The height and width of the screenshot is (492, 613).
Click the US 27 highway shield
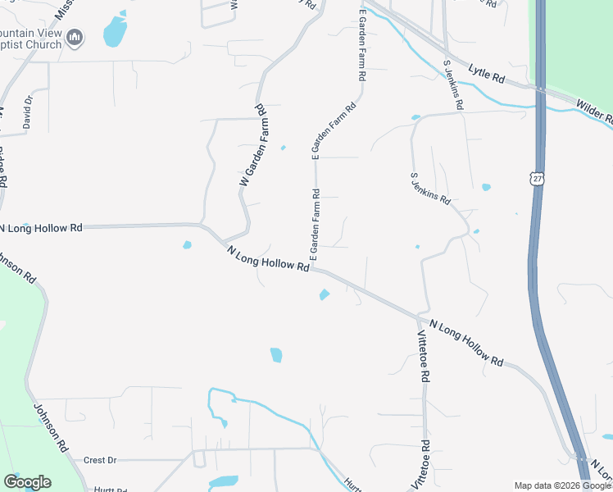[x=537, y=178]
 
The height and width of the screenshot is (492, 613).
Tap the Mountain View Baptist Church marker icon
[x=75, y=37]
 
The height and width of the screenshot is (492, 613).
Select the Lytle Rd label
[x=487, y=75]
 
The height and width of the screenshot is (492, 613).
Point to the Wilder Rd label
[x=594, y=111]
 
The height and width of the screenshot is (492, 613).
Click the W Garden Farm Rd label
[x=254, y=145]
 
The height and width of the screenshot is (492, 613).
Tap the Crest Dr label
[x=100, y=461]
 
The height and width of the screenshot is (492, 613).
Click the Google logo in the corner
[x=27, y=482]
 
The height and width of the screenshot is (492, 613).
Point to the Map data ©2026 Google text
[x=563, y=485]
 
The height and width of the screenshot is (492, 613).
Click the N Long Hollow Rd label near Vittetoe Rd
[x=465, y=343]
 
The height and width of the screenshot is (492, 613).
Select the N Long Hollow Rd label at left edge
[x=41, y=227]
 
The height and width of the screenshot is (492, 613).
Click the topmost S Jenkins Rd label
[x=454, y=84]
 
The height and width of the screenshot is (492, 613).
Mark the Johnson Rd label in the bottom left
[x=51, y=426]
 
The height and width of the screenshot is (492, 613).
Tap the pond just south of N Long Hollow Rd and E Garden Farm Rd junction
[x=325, y=294]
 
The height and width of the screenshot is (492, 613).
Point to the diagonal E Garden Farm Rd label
[x=334, y=130]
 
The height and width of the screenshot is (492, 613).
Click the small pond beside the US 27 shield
[x=486, y=187]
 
